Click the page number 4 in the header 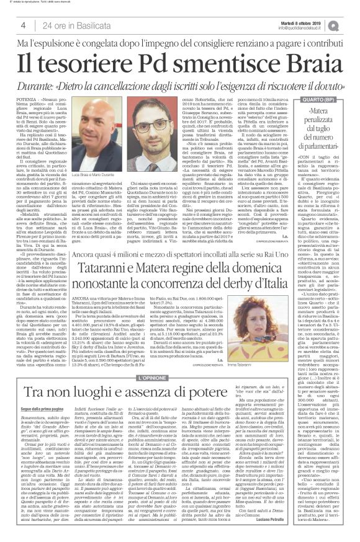(x=22, y=25)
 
